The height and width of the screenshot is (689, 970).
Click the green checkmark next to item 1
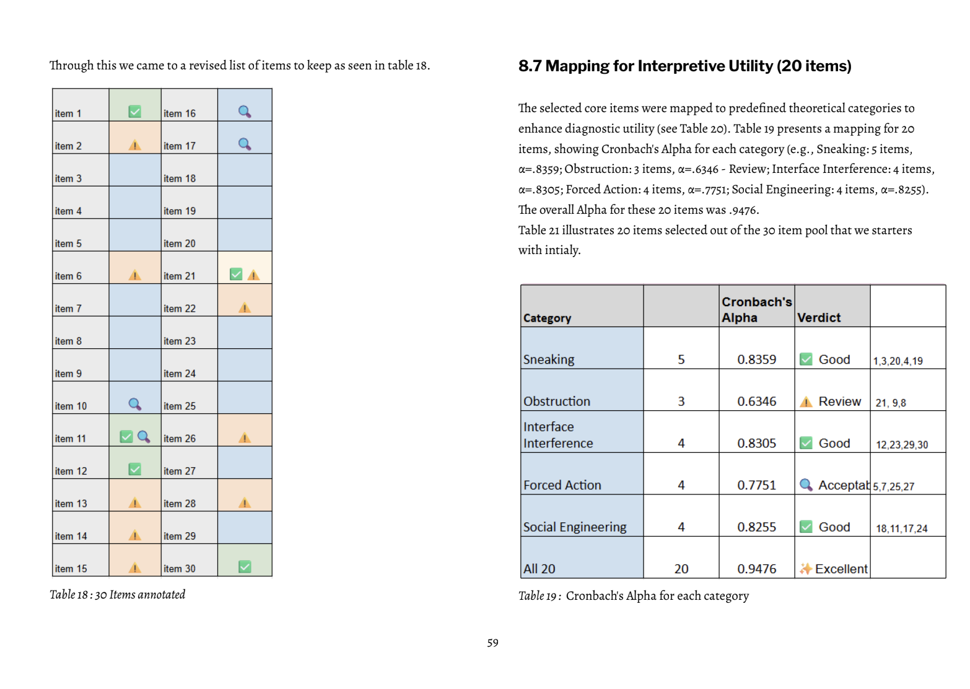(x=134, y=112)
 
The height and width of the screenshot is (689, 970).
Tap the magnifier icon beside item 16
(x=245, y=112)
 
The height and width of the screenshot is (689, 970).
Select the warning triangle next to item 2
(x=134, y=145)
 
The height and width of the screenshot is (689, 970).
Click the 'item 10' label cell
(x=71, y=406)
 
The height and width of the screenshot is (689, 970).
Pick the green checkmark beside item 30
(x=245, y=566)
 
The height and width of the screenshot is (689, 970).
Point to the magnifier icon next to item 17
(x=245, y=144)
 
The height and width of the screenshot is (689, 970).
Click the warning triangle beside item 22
(x=245, y=307)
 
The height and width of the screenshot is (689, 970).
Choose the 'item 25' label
(x=180, y=406)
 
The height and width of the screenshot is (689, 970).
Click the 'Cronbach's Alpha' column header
(x=756, y=309)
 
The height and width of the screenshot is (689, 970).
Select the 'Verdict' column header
(x=819, y=317)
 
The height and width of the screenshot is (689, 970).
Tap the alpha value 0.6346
(x=756, y=402)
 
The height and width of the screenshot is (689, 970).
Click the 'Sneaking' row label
(x=549, y=359)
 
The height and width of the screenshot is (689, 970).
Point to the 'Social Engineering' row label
(x=575, y=527)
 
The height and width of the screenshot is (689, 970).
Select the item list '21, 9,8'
(x=891, y=403)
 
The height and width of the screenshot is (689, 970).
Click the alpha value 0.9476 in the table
(x=756, y=569)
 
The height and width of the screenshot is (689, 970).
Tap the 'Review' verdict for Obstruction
(x=839, y=402)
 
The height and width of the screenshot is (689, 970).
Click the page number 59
(x=492, y=643)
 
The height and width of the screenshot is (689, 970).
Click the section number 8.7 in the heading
(x=530, y=66)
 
